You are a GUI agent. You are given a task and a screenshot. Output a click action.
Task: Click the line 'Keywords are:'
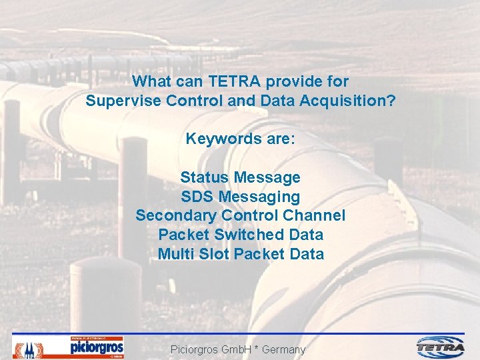pyautogui.click(x=240, y=139)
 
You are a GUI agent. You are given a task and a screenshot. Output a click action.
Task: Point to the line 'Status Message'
pyautogui.click(x=240, y=178)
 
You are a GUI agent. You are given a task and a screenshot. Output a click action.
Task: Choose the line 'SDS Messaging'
pyautogui.click(x=240, y=197)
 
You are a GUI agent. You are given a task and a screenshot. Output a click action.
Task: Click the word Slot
pyautogui.click(x=213, y=254)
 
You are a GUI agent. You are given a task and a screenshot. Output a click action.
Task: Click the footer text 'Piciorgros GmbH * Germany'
pyautogui.click(x=238, y=349)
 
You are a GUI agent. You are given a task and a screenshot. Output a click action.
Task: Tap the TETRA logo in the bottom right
pyautogui.click(x=441, y=347)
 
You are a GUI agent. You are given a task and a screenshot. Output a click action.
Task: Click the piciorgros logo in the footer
pyautogui.click(x=97, y=347)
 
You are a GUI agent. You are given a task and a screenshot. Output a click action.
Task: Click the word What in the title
pyautogui.click(x=150, y=82)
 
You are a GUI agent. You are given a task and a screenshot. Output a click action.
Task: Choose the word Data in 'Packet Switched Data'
pyautogui.click(x=307, y=235)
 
